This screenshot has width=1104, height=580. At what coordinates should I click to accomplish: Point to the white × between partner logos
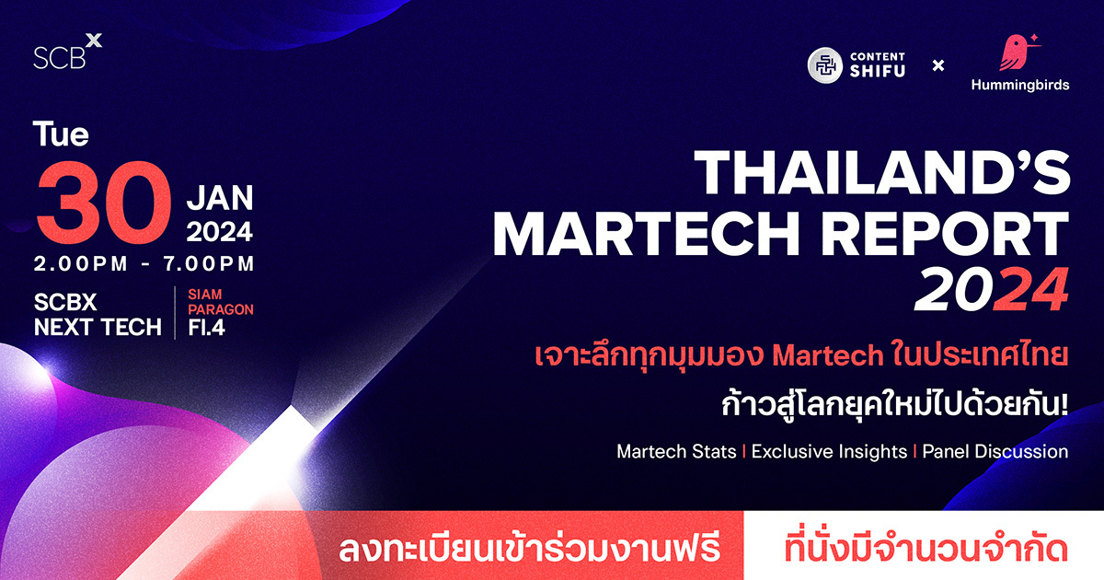[x=938, y=65]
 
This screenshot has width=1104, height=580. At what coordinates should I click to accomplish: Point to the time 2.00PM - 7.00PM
[x=144, y=263]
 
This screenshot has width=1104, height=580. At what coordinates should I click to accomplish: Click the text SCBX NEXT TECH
[x=98, y=314]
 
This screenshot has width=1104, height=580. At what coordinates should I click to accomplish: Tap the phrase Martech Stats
[x=676, y=452]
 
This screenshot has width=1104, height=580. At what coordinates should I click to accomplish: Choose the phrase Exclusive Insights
[x=828, y=452]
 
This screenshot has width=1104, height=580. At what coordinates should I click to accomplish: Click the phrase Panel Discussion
[x=995, y=452]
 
